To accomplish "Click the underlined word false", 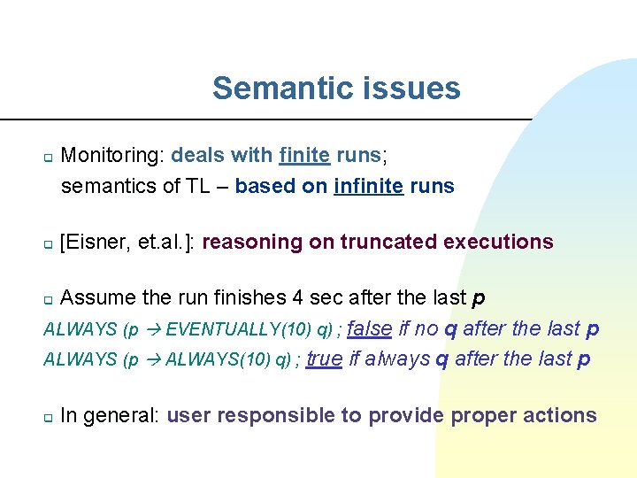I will pos(370,328).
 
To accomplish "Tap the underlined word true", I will pos(325,358).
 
